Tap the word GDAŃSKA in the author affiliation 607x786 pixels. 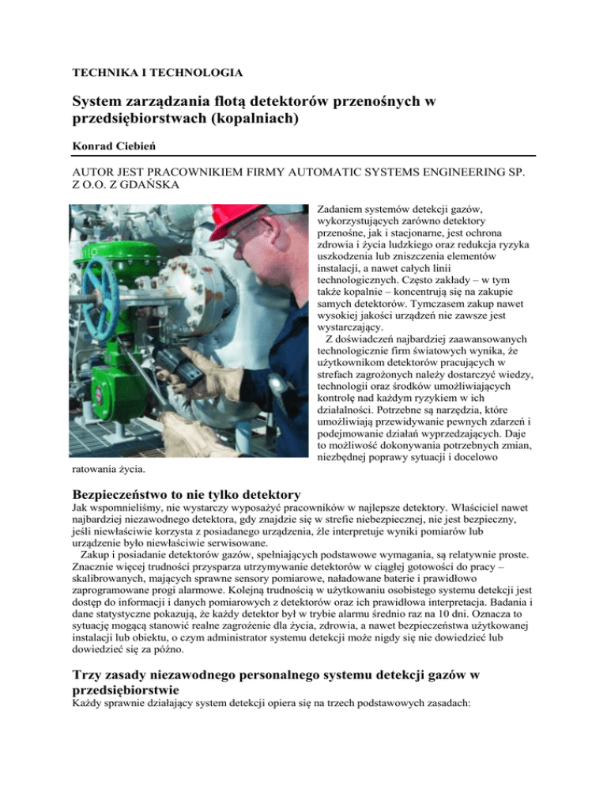[x=146, y=187]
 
